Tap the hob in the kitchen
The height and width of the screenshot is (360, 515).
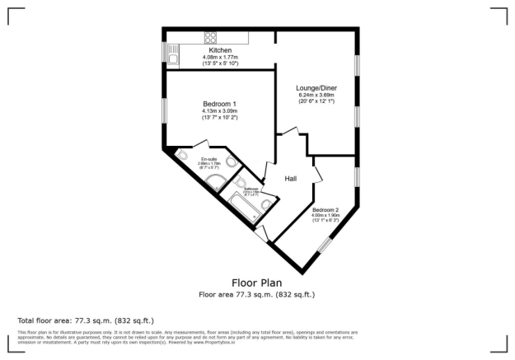210,37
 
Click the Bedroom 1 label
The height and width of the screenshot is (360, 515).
219,103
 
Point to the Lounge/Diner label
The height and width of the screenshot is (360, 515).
317,87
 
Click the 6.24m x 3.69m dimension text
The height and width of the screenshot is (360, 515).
317,95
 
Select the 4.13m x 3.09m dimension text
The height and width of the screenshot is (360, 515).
219,110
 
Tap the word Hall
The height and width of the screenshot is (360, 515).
291,179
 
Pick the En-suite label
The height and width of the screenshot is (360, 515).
207,159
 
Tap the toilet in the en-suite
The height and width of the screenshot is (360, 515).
183,157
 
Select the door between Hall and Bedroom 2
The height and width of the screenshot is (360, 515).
317,173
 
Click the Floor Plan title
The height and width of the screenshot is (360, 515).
256,282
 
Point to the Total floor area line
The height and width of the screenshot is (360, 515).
86,320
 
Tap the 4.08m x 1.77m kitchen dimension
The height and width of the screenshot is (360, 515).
220,58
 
